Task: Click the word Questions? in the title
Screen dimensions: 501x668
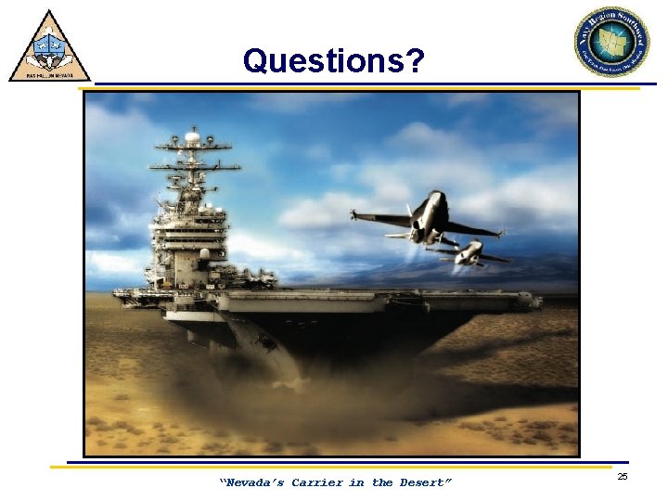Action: [x=333, y=61]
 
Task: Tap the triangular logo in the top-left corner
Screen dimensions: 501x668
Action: [x=49, y=46]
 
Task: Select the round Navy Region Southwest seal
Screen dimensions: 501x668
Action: [x=611, y=41]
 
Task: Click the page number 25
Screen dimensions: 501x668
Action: [x=623, y=476]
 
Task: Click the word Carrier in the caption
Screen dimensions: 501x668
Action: [x=317, y=482]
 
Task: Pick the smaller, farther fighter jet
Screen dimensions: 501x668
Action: [x=469, y=251]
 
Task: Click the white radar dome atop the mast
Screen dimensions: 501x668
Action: [x=192, y=137]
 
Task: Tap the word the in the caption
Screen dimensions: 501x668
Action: [x=382, y=482]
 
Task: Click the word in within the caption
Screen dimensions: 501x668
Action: [x=356, y=482]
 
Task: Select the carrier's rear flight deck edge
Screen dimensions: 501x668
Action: [x=125, y=296]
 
